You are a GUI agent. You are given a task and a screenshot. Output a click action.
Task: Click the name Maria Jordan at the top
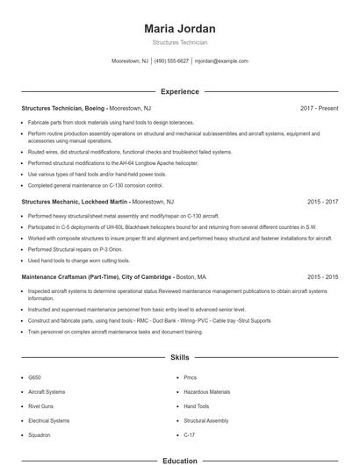click(179, 28)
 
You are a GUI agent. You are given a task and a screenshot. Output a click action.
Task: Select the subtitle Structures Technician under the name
click(179, 41)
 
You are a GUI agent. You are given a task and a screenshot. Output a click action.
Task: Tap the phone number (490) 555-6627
click(172, 61)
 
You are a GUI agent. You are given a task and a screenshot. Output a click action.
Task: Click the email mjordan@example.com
click(221, 61)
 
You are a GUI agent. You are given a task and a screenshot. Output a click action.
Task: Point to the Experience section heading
click(179, 90)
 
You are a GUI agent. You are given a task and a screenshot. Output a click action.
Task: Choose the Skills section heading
click(179, 358)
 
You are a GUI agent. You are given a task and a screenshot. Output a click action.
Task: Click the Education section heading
click(179, 460)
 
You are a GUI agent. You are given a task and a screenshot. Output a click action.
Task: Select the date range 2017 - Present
click(319, 108)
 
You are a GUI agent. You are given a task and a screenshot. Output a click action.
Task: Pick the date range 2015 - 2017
click(322, 201)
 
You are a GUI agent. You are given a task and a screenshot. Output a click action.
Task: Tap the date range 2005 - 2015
click(322, 276)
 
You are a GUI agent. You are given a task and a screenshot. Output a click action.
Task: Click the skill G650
click(35, 376)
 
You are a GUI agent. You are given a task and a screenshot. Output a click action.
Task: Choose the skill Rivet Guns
click(41, 406)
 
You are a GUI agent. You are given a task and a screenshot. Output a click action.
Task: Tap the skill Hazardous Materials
click(206, 391)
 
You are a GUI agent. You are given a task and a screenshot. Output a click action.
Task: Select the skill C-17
click(189, 435)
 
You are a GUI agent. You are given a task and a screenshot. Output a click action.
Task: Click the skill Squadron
click(40, 435)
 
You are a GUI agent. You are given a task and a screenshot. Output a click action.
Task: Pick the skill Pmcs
click(191, 376)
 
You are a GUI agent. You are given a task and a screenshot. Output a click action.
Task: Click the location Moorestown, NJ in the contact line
click(130, 61)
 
